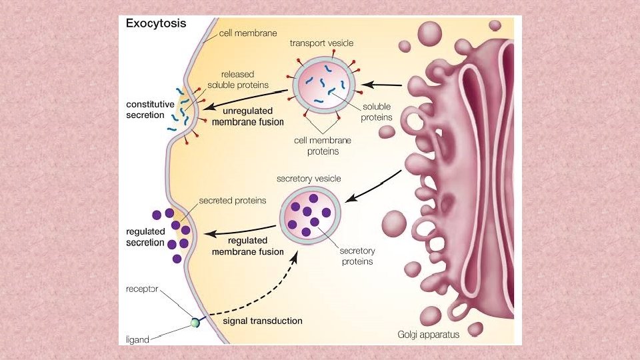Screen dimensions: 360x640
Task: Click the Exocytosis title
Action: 157,23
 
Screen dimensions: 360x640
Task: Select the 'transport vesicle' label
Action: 321,43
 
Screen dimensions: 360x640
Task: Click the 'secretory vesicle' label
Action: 309,179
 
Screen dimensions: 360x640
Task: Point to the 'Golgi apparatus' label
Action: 429,335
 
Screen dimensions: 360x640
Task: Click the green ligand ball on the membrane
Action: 195,322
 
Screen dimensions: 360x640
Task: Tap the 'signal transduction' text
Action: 262,321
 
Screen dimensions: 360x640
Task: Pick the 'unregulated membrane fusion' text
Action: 247,117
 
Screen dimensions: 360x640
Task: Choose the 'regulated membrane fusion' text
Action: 247,245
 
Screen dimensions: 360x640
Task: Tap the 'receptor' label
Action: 143,289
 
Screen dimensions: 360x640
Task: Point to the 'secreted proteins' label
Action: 233,201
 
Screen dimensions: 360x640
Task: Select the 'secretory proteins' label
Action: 357,256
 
